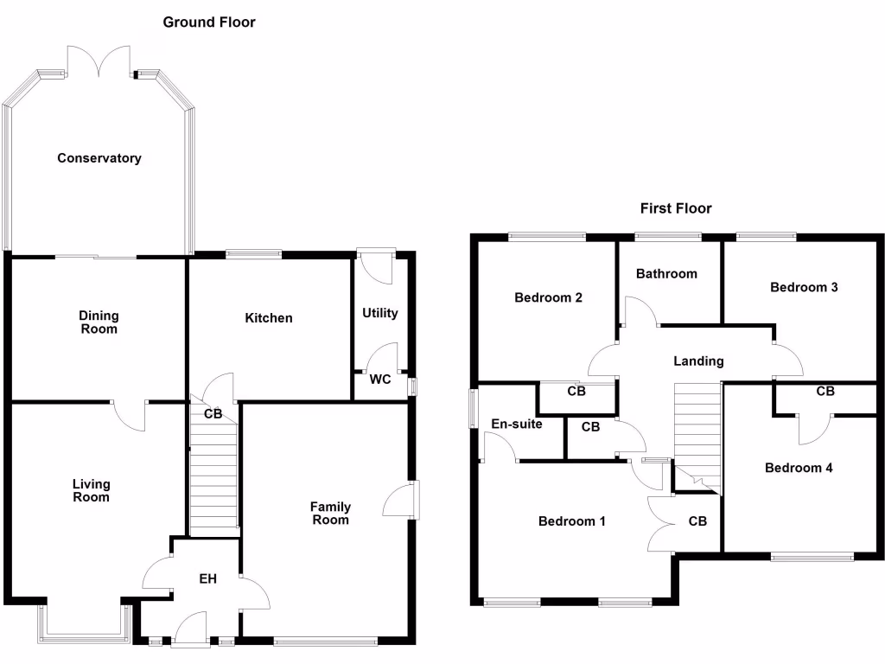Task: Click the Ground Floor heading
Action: tap(209, 22)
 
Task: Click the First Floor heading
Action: tap(676, 208)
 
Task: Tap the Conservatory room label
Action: tap(99, 158)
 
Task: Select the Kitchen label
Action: tap(269, 318)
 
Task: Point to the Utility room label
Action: tap(380, 313)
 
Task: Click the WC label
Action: tap(380, 380)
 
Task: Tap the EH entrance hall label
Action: tap(207, 578)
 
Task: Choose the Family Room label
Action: tap(330, 514)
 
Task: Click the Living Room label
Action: tap(91, 491)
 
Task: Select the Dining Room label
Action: tap(98, 322)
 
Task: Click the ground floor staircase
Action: tap(213, 476)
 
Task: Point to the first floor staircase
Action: tap(697, 428)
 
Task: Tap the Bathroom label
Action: tap(666, 274)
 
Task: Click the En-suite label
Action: tap(516, 425)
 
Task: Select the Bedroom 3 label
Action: tap(804, 287)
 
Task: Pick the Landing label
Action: tap(698, 361)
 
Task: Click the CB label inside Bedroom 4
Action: tap(825, 392)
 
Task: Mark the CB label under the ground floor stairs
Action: tap(213, 414)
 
